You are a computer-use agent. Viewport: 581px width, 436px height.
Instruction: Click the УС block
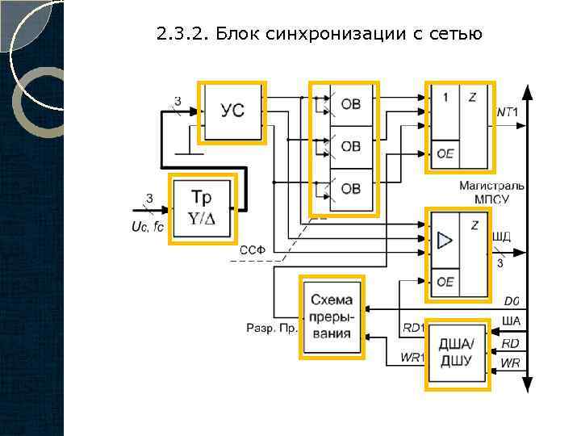click(232, 112)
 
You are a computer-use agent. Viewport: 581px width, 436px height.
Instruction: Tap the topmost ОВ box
click(351, 103)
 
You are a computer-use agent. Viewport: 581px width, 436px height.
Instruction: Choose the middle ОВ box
click(351, 147)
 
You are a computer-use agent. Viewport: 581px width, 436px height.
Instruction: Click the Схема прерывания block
click(332, 317)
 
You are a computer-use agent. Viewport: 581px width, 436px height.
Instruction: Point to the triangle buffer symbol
click(445, 240)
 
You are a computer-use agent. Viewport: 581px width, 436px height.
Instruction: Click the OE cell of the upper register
click(445, 153)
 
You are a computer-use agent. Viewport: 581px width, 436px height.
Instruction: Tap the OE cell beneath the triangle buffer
click(445, 282)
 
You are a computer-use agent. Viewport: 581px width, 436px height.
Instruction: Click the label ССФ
click(253, 251)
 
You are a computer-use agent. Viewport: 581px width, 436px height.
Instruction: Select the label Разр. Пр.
click(272, 328)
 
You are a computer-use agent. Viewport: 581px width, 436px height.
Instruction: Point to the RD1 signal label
click(412, 327)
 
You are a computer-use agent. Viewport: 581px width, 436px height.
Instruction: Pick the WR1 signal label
click(412, 358)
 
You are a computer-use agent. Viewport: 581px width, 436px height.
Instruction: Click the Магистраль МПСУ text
click(491, 192)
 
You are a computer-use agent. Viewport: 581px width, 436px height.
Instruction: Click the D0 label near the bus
click(512, 301)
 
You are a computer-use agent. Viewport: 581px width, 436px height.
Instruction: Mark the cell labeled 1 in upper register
click(445, 98)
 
